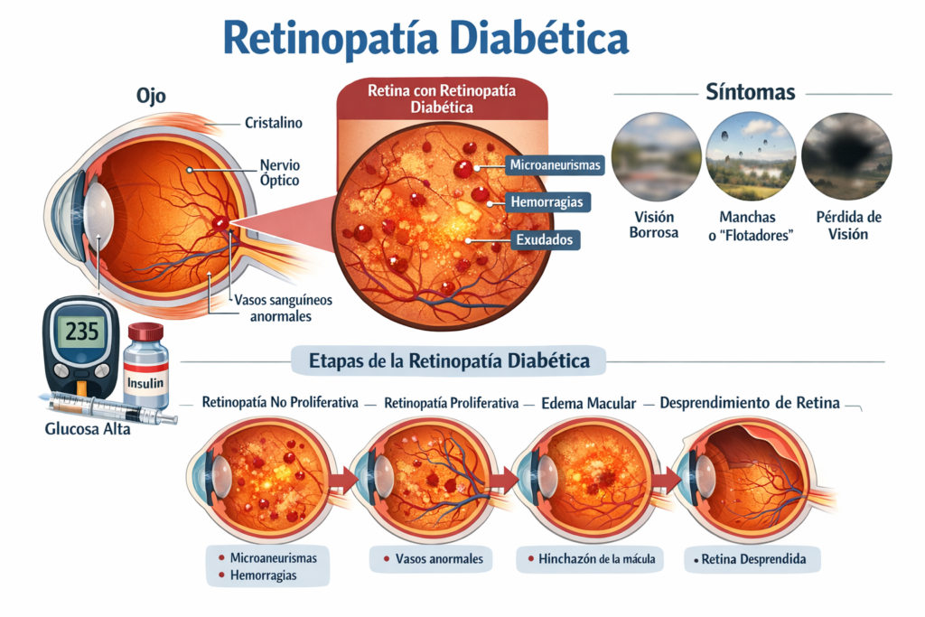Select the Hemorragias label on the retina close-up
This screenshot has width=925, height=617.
point(545,201)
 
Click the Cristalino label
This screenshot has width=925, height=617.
point(274,122)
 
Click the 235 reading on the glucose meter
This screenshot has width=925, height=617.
point(81,330)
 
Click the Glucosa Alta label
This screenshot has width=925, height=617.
point(88,429)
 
